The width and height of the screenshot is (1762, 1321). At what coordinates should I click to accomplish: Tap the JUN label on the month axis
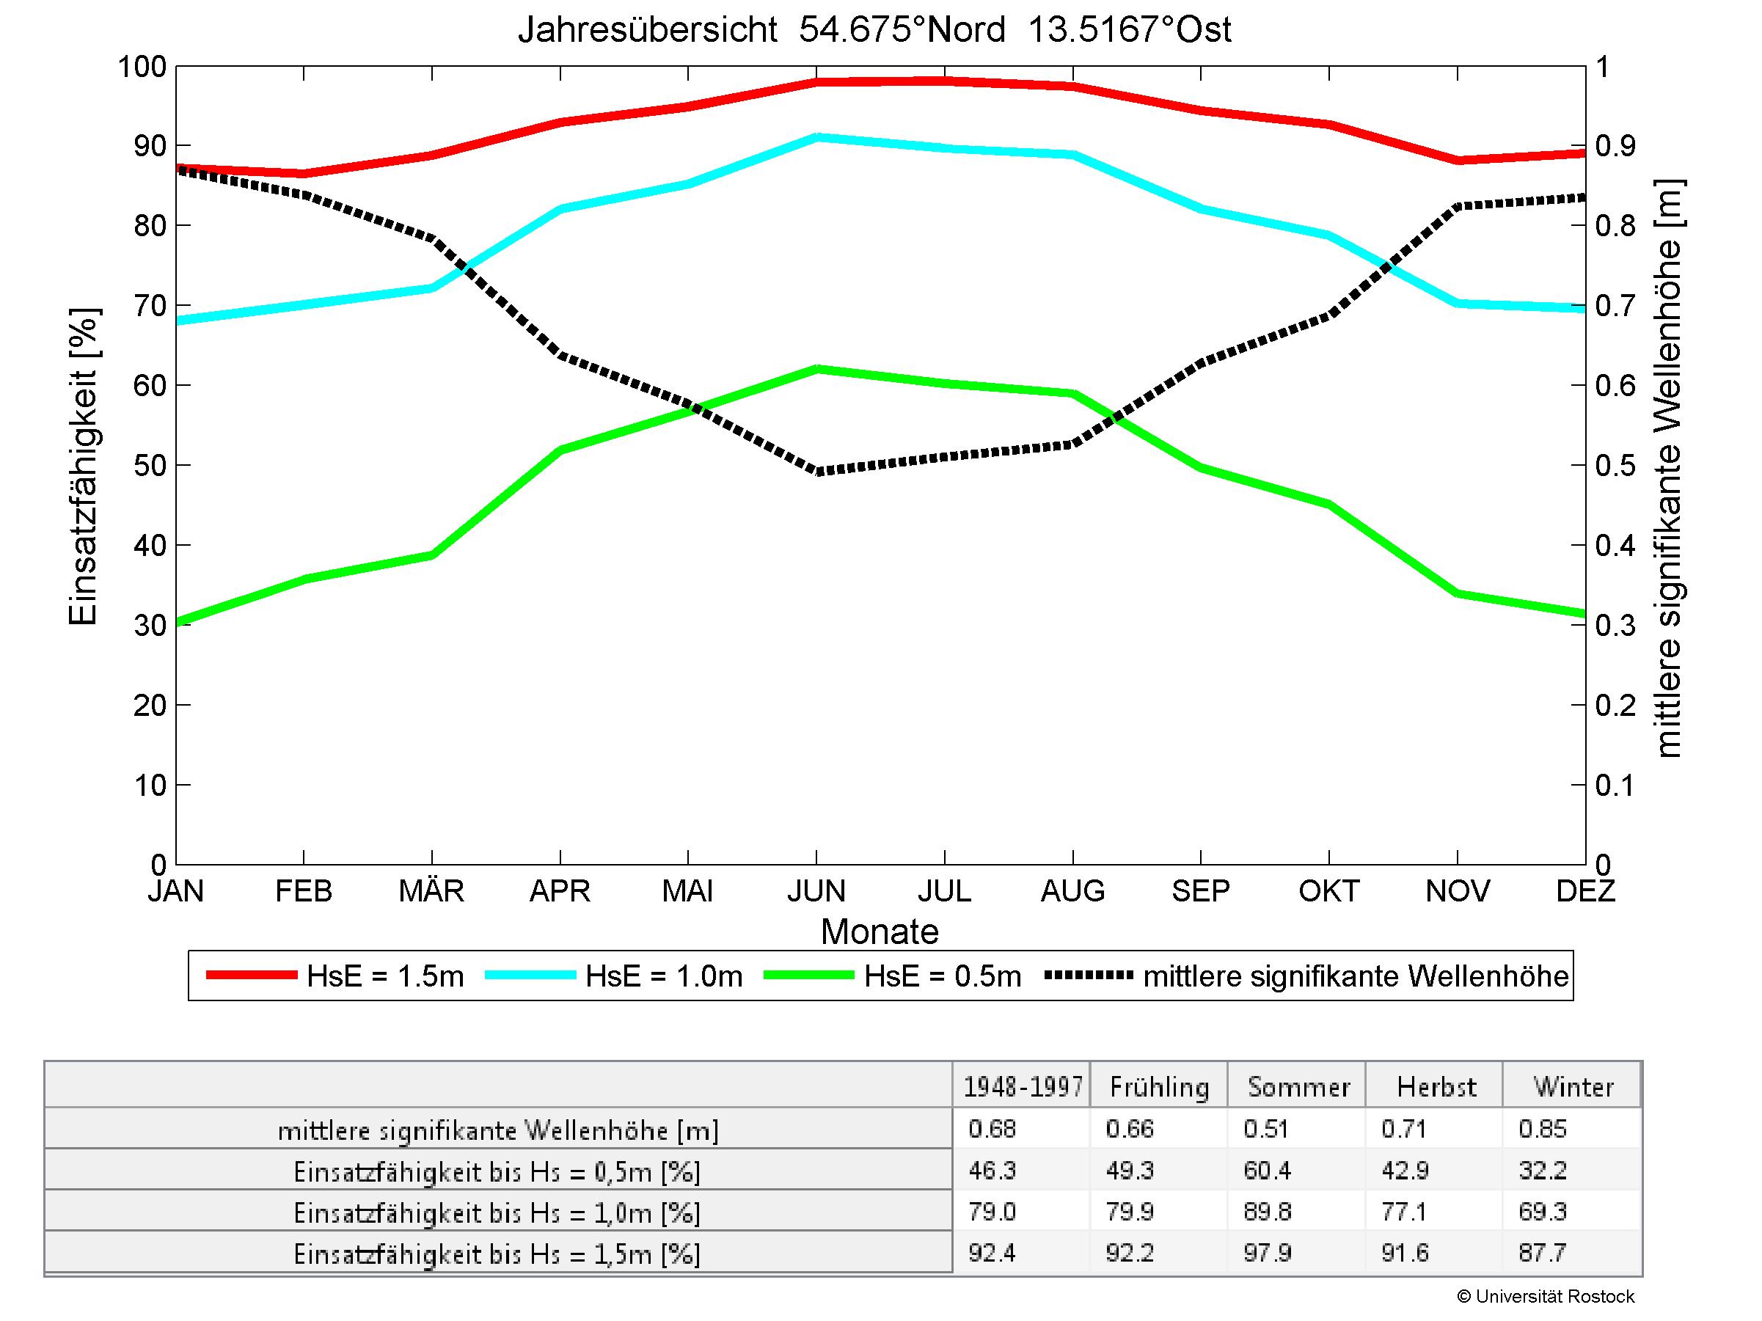[x=816, y=890]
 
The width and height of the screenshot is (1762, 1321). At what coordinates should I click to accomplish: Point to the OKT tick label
[x=1328, y=890]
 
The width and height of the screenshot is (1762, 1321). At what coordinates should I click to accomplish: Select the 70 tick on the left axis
[x=149, y=306]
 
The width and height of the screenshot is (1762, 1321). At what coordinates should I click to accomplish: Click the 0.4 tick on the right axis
[x=1615, y=546]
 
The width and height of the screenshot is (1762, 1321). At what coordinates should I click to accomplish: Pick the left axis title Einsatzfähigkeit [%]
[x=83, y=467]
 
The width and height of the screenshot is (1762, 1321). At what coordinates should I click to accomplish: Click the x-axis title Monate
[x=880, y=932]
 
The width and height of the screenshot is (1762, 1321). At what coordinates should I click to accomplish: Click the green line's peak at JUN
[x=816, y=369]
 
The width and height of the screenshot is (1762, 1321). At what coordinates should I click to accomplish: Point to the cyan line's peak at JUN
[x=816, y=137]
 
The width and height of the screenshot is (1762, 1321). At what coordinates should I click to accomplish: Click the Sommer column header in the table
[x=1298, y=1087]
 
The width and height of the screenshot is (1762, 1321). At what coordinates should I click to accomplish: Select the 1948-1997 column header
[x=1023, y=1087]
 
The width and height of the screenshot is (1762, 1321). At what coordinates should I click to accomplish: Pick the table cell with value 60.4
[x=1267, y=1171]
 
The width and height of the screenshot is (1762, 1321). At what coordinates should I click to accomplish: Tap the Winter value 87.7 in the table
[x=1542, y=1253]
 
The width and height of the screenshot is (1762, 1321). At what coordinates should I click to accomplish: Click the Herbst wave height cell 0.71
[x=1404, y=1129]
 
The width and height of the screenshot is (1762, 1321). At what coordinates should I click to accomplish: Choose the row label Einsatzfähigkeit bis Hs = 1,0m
[x=497, y=1212]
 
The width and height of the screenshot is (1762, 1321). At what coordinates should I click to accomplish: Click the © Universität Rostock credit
[x=1546, y=1296]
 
